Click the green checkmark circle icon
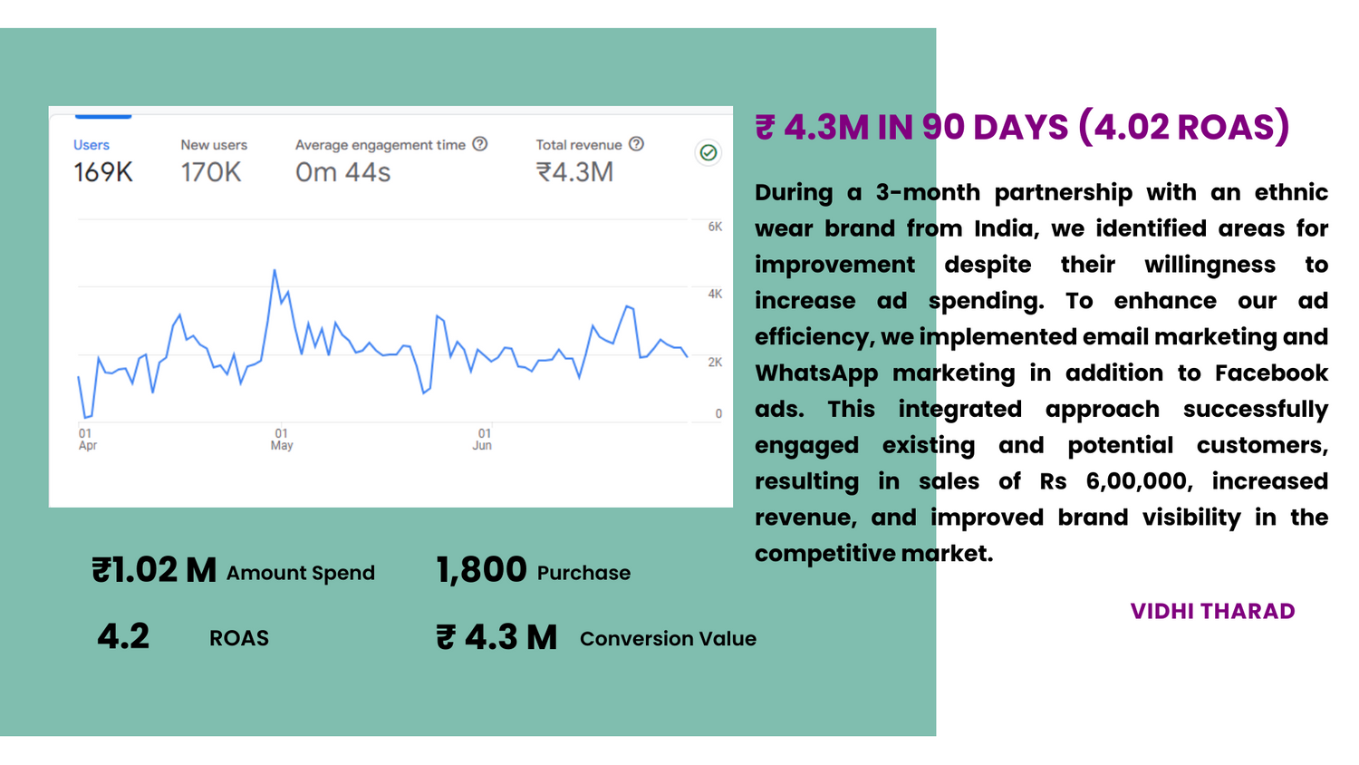click(x=708, y=152)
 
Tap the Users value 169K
click(x=103, y=172)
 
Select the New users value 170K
click(x=210, y=172)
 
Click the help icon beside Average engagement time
click(x=480, y=144)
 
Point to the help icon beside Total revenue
click(x=637, y=144)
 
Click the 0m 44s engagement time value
click(x=342, y=172)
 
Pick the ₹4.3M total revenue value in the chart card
click(x=574, y=172)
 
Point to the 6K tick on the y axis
click(x=715, y=227)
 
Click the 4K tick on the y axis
click(x=715, y=294)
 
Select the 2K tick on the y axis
click(x=715, y=362)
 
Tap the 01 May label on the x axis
click(x=282, y=440)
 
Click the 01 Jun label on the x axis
click(x=483, y=440)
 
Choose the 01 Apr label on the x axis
click(x=87, y=440)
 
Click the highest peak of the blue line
click(x=275, y=270)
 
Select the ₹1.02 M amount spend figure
click(x=154, y=570)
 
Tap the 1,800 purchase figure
click(x=481, y=570)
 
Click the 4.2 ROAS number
click(x=123, y=636)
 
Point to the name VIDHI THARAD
click(x=1212, y=611)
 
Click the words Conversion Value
click(x=668, y=638)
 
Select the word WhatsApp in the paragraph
click(x=816, y=373)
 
